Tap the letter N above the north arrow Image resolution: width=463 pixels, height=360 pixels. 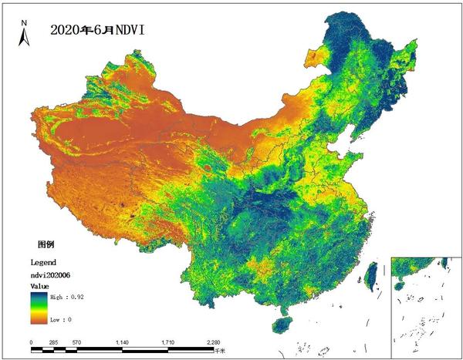tap(23, 22)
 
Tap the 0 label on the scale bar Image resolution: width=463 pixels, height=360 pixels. tap(31, 341)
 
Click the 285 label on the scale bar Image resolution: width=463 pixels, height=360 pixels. tap(54, 341)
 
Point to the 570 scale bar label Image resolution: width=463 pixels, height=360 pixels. tap(76, 341)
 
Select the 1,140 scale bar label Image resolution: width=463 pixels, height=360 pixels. tap(122, 341)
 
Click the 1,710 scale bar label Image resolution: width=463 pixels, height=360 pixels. tap(167, 341)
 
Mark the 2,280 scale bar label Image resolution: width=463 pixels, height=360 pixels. tap(213, 341)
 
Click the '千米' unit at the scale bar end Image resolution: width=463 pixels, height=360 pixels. tap(221, 351)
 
